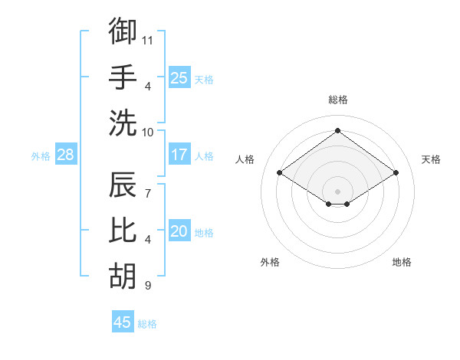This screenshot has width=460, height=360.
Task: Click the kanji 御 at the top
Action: point(123,31)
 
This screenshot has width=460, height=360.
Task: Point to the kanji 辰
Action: point(123,185)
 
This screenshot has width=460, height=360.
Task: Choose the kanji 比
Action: point(123,231)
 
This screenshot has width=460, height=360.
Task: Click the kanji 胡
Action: point(123,277)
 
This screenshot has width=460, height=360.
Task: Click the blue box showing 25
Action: point(179,77)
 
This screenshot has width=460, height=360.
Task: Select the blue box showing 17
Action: point(179,155)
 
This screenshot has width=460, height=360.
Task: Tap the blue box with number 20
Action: point(179,231)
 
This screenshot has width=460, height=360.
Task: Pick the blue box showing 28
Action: point(66,155)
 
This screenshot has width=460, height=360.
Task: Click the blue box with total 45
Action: point(123,322)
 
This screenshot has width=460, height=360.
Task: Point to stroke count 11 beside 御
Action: point(148,39)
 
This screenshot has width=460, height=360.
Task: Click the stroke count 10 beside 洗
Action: point(148,132)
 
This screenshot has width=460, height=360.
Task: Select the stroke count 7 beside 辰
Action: point(147,186)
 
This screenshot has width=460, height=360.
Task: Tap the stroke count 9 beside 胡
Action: point(147,286)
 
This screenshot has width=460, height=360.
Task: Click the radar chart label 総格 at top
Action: point(337,100)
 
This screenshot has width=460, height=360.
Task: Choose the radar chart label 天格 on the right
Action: point(432,159)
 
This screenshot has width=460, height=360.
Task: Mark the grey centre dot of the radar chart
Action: point(337,190)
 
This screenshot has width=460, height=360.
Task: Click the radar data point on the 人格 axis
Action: point(280,173)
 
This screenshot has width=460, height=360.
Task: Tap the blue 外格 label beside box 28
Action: point(41,156)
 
